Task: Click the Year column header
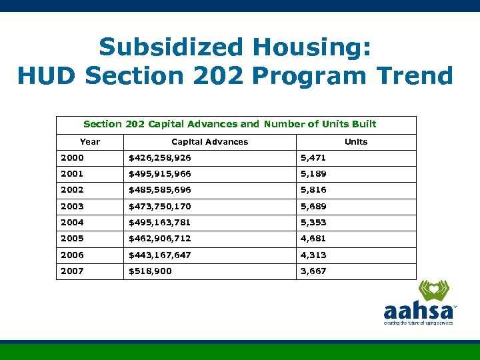[x=90, y=141]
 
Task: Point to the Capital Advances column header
[x=209, y=141]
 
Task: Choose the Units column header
[x=355, y=141]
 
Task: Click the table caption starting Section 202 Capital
[x=229, y=124]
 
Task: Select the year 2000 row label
[x=72, y=158]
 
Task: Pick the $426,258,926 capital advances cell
[x=159, y=158]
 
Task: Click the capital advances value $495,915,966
[x=159, y=174]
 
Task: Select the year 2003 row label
[x=72, y=207]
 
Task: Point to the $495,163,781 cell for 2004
[x=159, y=223]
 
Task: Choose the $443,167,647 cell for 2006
[x=159, y=255]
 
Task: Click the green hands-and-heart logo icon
[x=433, y=291]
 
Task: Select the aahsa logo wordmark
[x=417, y=311]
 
